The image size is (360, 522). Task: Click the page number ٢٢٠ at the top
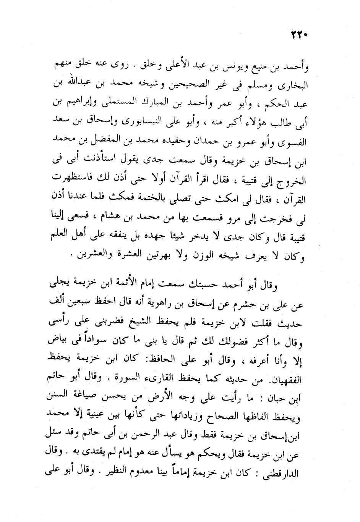pos(299,35)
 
